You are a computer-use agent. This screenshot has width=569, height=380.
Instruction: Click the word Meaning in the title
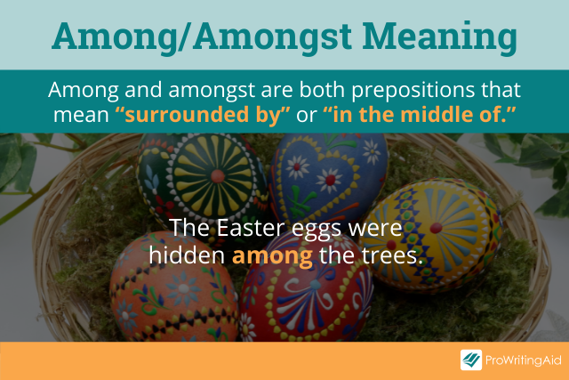click(440, 37)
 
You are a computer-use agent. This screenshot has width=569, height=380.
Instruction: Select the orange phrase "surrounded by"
click(203, 115)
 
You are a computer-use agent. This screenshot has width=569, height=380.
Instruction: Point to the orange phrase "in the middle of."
click(419, 114)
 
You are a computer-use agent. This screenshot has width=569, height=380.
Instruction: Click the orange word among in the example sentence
click(272, 256)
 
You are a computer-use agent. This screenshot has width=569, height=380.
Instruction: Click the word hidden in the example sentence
click(188, 255)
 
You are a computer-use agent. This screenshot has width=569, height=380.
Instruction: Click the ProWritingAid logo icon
click(471, 360)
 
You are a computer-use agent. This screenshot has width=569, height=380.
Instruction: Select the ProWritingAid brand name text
click(524, 360)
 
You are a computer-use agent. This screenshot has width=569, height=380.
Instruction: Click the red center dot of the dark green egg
click(218, 176)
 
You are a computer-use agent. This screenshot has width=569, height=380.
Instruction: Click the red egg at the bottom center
click(306, 291)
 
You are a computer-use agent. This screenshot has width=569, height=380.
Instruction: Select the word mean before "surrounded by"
click(81, 116)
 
